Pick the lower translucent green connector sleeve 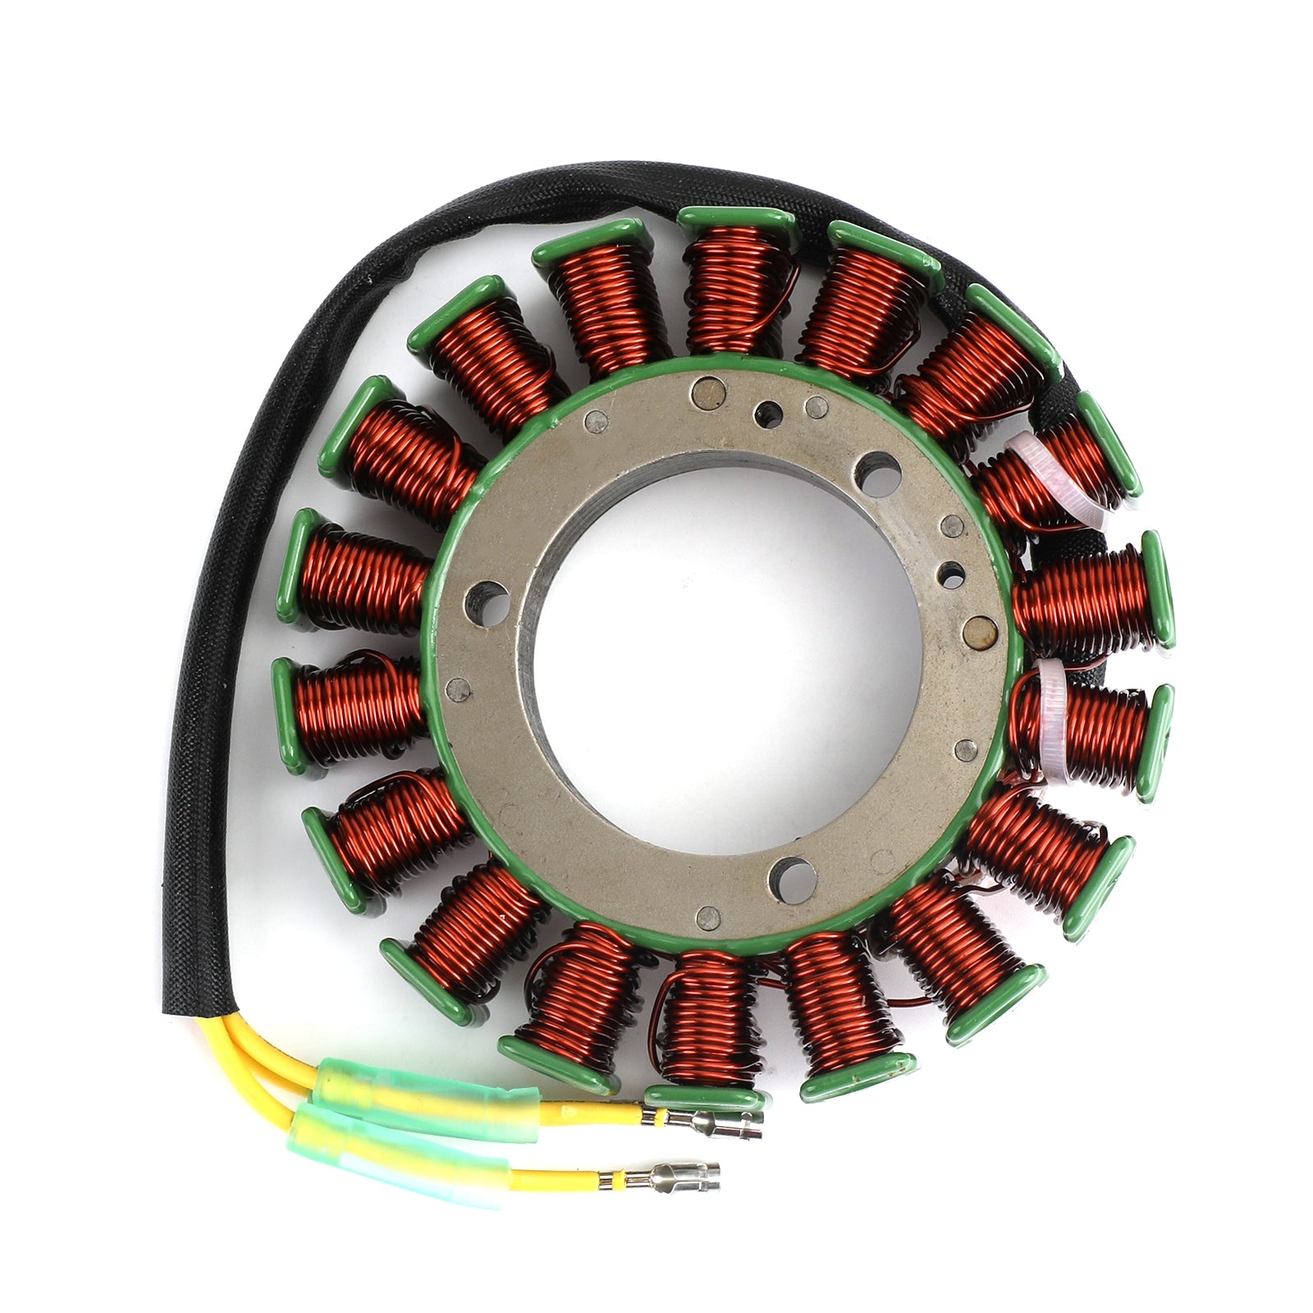tap(394, 1153)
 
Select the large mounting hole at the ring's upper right tap(876, 473)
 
